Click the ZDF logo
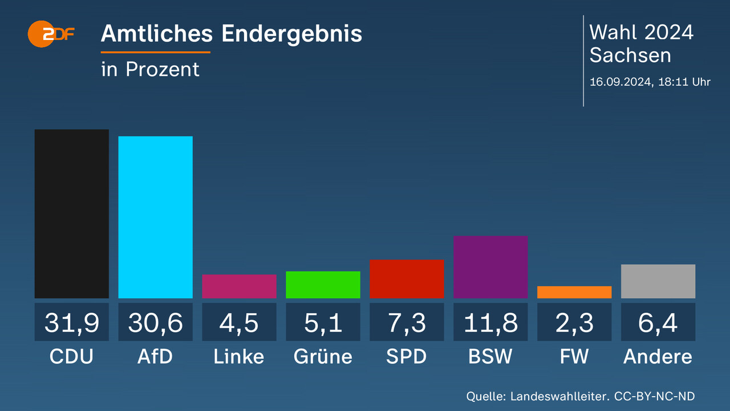[x=51, y=34]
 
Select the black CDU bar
[x=72, y=213]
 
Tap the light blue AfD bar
[x=155, y=217]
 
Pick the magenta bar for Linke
[x=239, y=287]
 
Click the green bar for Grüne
[x=323, y=285]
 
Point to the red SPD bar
[x=407, y=279]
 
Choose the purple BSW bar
[x=490, y=267]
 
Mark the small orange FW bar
[x=574, y=292]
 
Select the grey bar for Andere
[x=658, y=281]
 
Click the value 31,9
[x=72, y=323]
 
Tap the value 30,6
[x=155, y=323]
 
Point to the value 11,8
[x=490, y=323]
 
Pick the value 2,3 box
[x=574, y=323]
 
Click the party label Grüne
[x=323, y=357]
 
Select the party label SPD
[x=407, y=357]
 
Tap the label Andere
[x=658, y=357]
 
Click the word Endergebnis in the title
[x=291, y=34]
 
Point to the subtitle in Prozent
[x=150, y=69]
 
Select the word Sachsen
[x=630, y=55]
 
